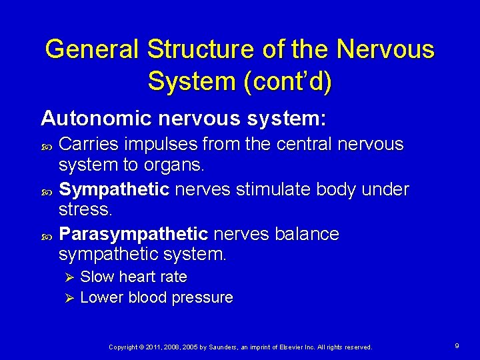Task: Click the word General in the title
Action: (x=92, y=49)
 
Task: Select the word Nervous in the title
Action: (x=385, y=49)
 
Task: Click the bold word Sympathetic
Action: (x=114, y=189)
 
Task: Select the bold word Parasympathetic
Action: (x=133, y=234)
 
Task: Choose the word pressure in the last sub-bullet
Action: (x=203, y=297)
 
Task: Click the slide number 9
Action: (x=457, y=346)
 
